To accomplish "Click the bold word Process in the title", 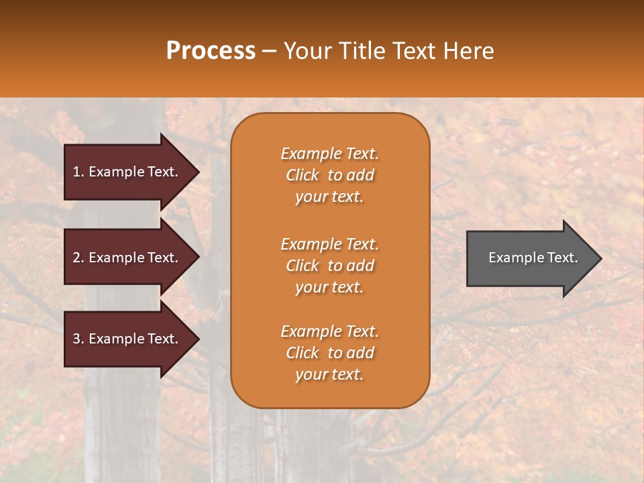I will pos(211,51).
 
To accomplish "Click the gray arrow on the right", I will pos(523,258).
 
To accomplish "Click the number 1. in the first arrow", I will pos(78,172).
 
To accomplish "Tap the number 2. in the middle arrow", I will pos(78,258).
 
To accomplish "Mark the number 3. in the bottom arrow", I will pos(78,339).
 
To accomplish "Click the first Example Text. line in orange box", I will pos(329,154).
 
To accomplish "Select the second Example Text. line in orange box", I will pos(329,244).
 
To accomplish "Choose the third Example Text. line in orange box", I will pos(329,331).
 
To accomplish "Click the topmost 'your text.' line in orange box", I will pos(329,197).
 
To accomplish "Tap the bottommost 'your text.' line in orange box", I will pos(329,375).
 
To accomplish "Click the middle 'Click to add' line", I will pos(329,266).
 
